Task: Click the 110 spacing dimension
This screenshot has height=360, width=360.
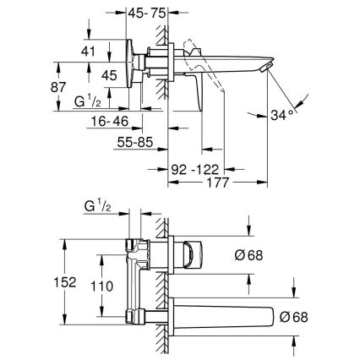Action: tap(101, 286)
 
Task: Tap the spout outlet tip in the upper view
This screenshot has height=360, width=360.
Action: tap(268, 68)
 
